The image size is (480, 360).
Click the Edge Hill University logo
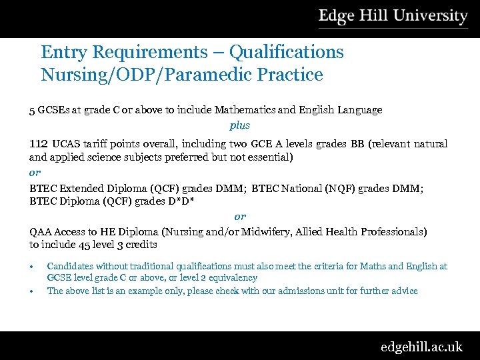393,17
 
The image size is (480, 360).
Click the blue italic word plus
240,125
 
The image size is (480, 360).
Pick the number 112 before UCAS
38,144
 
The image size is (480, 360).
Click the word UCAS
67,144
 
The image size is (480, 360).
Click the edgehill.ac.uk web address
421,347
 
